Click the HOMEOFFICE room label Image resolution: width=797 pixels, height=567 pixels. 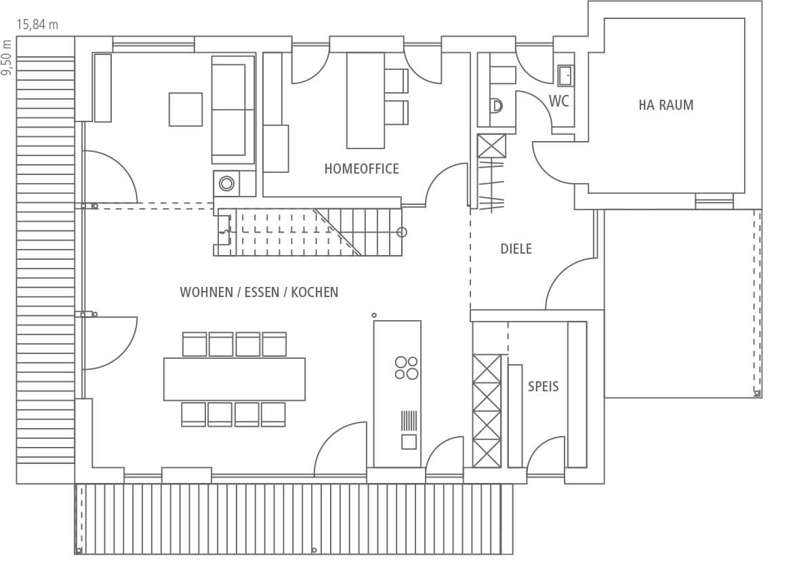pyautogui.click(x=361, y=169)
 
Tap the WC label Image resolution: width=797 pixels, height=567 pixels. pyautogui.click(x=558, y=101)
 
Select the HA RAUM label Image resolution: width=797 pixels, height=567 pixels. pyautogui.click(x=666, y=105)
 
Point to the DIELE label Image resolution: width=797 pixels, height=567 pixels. pyautogui.click(x=516, y=249)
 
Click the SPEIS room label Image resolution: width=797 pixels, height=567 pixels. pyautogui.click(x=543, y=387)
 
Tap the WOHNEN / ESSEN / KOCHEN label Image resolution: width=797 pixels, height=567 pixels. pyautogui.click(x=259, y=292)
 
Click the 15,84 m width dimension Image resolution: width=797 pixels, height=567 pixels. pyautogui.click(x=37, y=24)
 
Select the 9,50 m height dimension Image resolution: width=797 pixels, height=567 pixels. pyautogui.click(x=7, y=58)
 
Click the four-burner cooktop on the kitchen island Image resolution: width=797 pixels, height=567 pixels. pyautogui.click(x=406, y=368)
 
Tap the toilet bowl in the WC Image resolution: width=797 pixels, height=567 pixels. pyautogui.click(x=496, y=106)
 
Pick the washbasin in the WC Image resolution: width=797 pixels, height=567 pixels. pyautogui.click(x=564, y=75)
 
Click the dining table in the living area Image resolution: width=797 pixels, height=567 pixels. pyautogui.click(x=234, y=379)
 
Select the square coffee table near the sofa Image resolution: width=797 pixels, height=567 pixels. pyautogui.click(x=186, y=109)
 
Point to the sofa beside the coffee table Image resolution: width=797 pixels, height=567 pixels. pyautogui.click(x=233, y=109)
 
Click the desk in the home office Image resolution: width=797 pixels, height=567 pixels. pyautogui.click(x=365, y=100)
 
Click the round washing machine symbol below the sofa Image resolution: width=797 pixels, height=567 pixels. pyautogui.click(x=226, y=183)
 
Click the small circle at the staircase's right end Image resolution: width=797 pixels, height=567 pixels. pyautogui.click(x=401, y=233)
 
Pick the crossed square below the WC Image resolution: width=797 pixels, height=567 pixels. pyautogui.click(x=491, y=146)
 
